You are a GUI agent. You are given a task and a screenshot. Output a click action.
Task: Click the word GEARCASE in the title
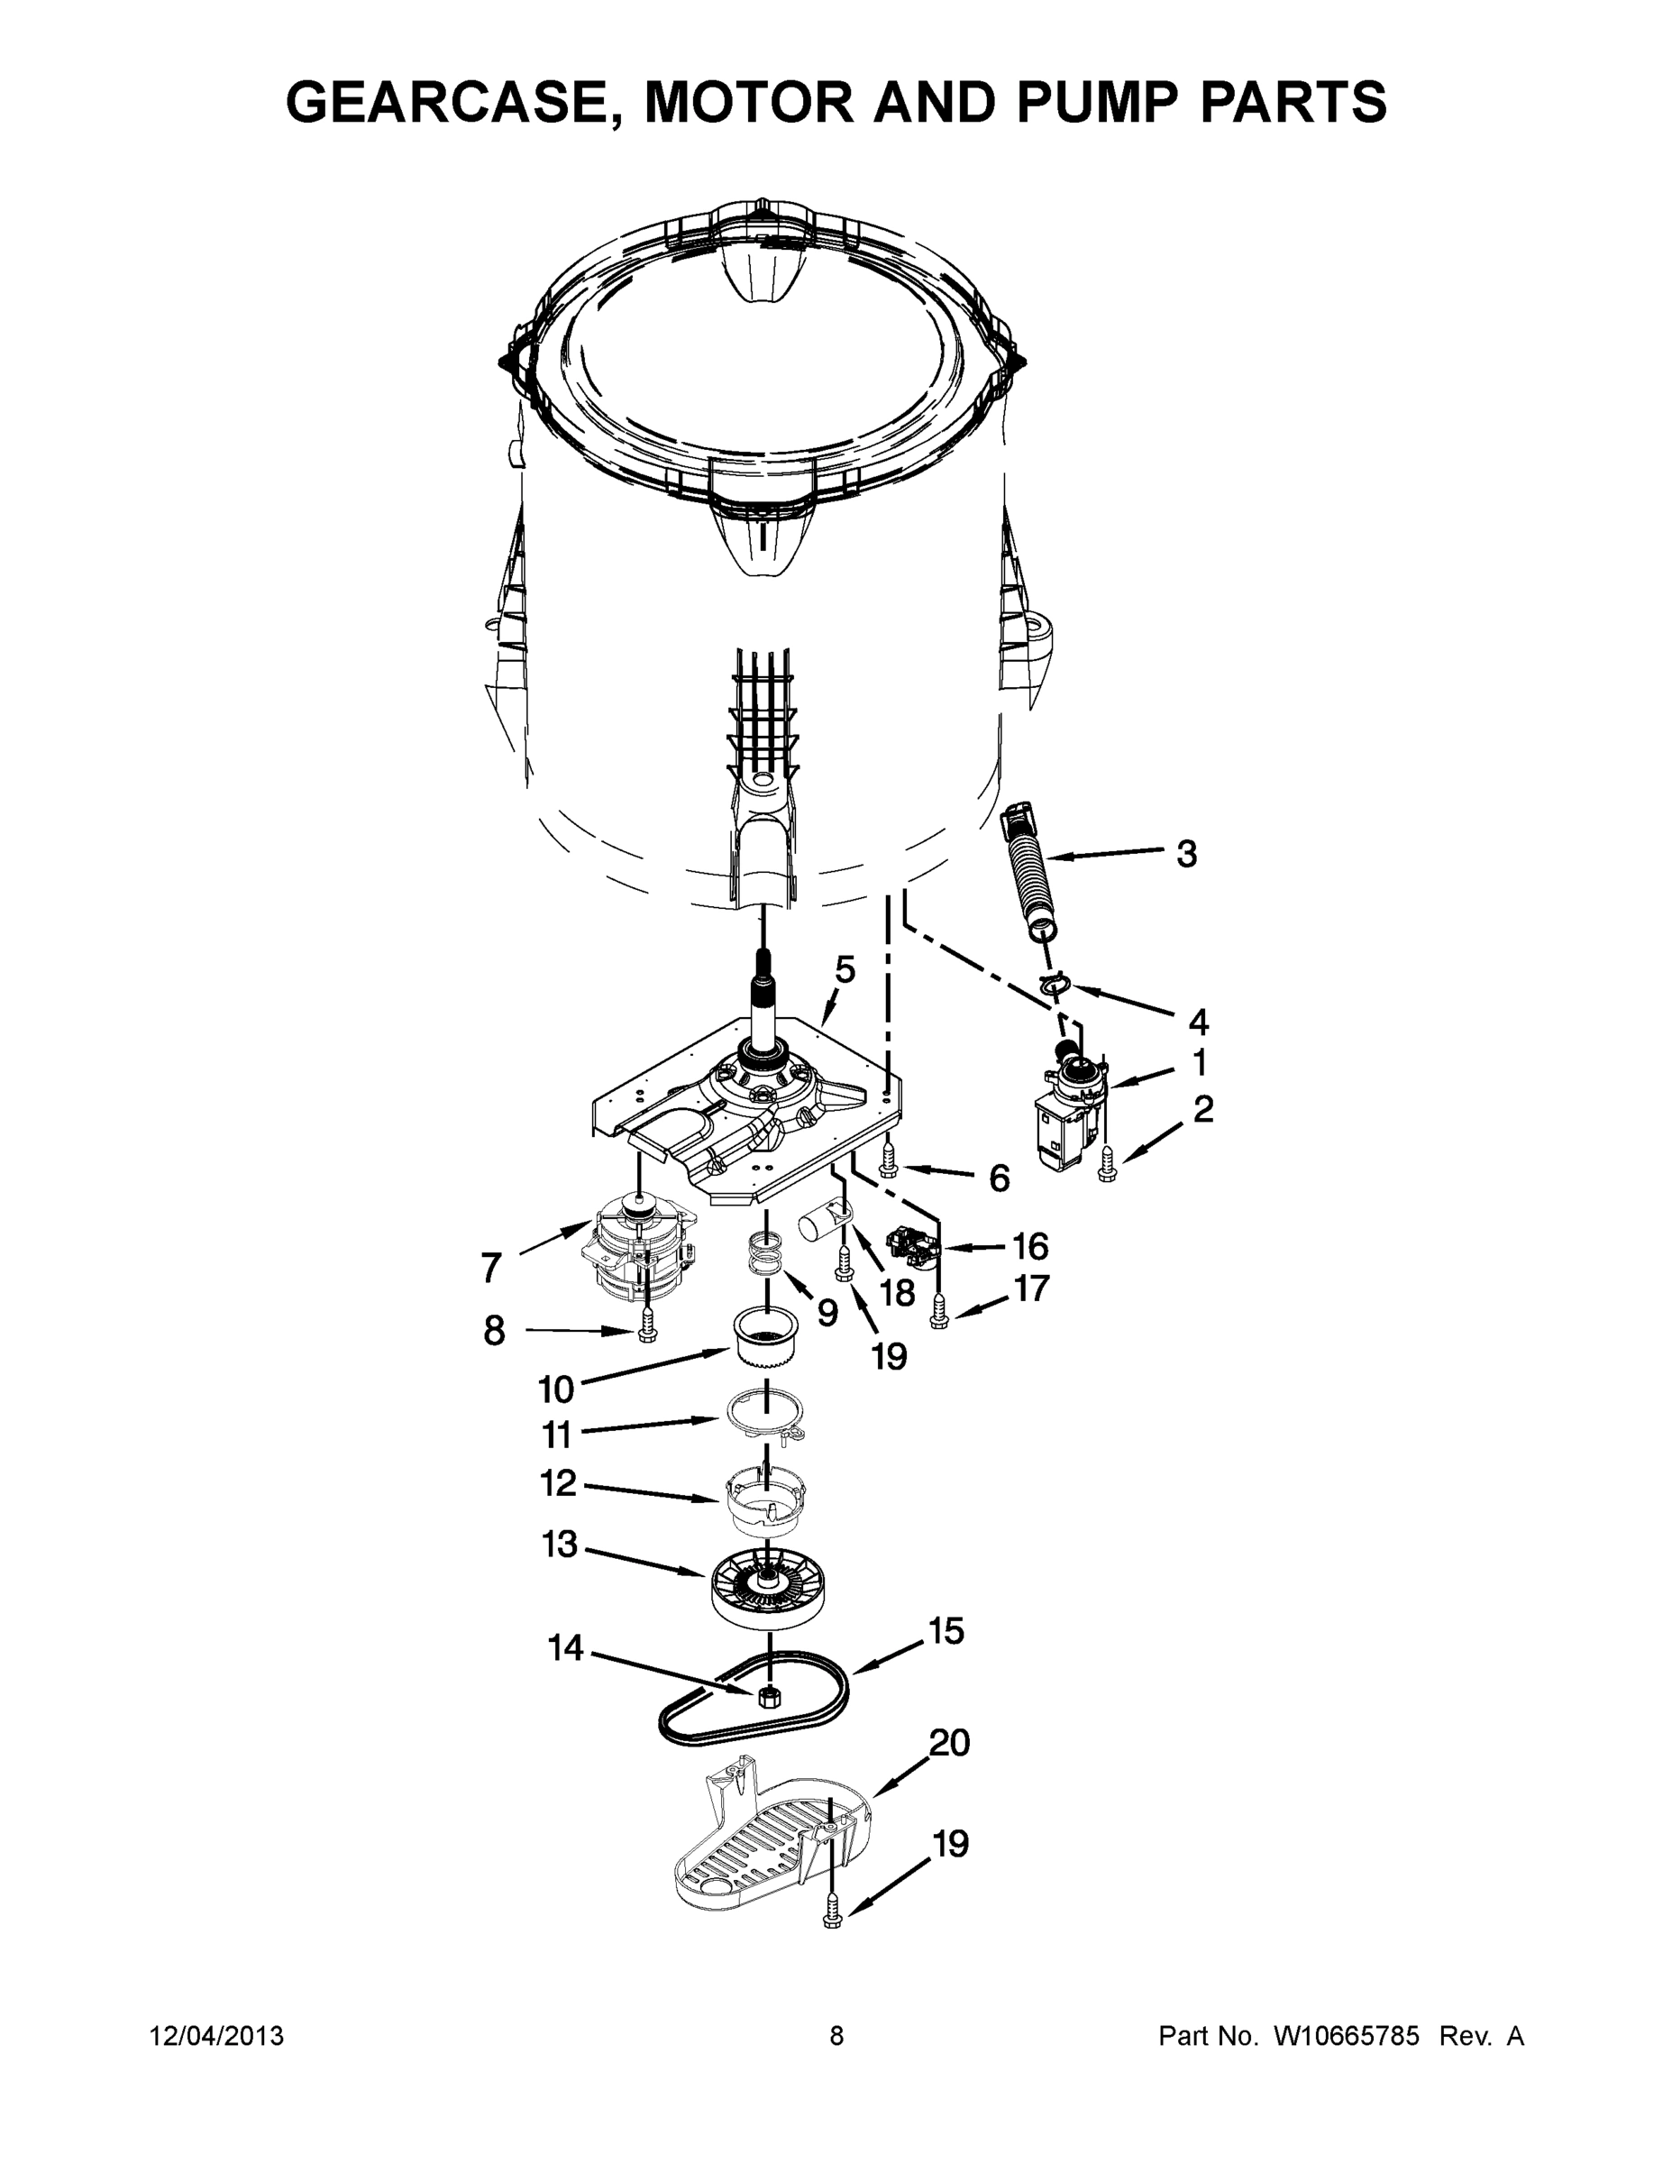coord(454,102)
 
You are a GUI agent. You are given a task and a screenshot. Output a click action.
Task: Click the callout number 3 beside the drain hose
coord(1185,853)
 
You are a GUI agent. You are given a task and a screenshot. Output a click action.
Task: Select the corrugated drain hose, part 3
coord(1028,869)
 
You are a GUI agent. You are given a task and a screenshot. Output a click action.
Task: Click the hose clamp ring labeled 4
coord(1055,984)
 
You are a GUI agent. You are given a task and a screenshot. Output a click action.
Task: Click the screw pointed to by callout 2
coord(1104,1171)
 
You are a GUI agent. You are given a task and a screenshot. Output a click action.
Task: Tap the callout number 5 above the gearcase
coord(844,969)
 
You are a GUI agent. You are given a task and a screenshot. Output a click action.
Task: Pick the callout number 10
coord(556,1389)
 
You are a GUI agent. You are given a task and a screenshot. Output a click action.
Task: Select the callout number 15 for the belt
coord(946,1630)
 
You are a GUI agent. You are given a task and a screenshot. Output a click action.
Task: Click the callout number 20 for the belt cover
coord(948,1742)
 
